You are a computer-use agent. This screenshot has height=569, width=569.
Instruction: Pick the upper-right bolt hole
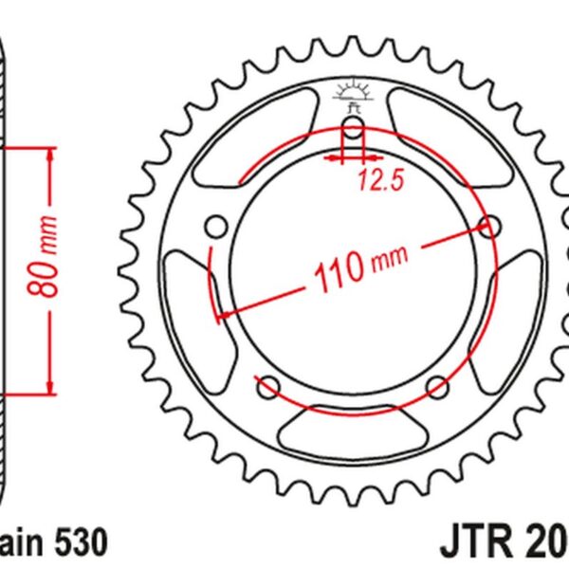pyautogui.click(x=490, y=226)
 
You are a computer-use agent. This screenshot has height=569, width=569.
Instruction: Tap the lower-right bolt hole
pyautogui.click(x=438, y=386)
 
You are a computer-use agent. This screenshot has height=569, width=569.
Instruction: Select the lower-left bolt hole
pyautogui.click(x=268, y=386)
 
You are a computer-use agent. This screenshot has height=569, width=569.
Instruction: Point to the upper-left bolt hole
pyautogui.click(x=216, y=226)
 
